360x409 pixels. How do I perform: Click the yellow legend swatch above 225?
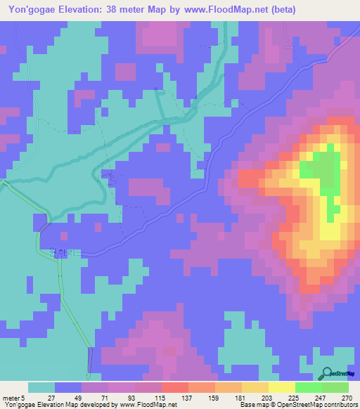281,387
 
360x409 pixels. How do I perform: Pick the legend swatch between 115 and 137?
174,387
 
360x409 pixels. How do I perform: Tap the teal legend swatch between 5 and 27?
41,387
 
